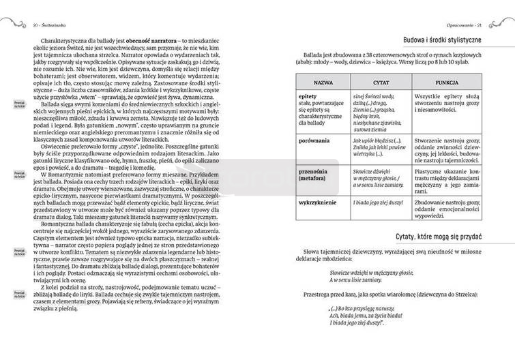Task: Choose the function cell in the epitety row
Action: point(446,105)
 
